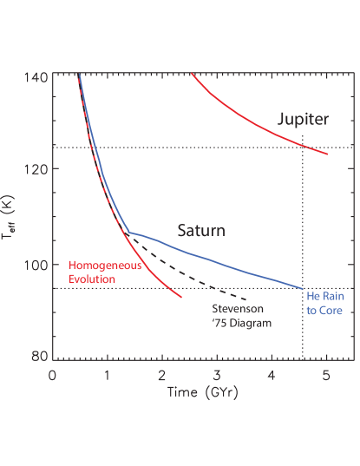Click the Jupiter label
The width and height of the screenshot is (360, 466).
304,120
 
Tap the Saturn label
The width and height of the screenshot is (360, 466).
201,231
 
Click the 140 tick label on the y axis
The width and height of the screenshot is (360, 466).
36,76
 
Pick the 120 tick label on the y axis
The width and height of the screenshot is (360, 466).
36,170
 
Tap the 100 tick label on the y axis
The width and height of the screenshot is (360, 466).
36,264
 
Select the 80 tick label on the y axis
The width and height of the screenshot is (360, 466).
39,357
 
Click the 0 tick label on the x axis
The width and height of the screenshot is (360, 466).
52,376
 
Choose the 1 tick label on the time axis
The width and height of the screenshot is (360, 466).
107,376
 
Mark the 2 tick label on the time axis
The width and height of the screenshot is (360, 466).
161,376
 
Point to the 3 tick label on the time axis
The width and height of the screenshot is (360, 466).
216,376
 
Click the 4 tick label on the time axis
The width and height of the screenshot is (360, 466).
271,376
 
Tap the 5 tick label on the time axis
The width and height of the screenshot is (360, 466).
325,376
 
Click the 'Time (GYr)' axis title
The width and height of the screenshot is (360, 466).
204,393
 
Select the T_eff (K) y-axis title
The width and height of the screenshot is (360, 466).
10,216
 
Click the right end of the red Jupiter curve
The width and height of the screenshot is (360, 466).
328,154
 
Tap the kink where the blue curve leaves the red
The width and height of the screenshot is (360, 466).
128,232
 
